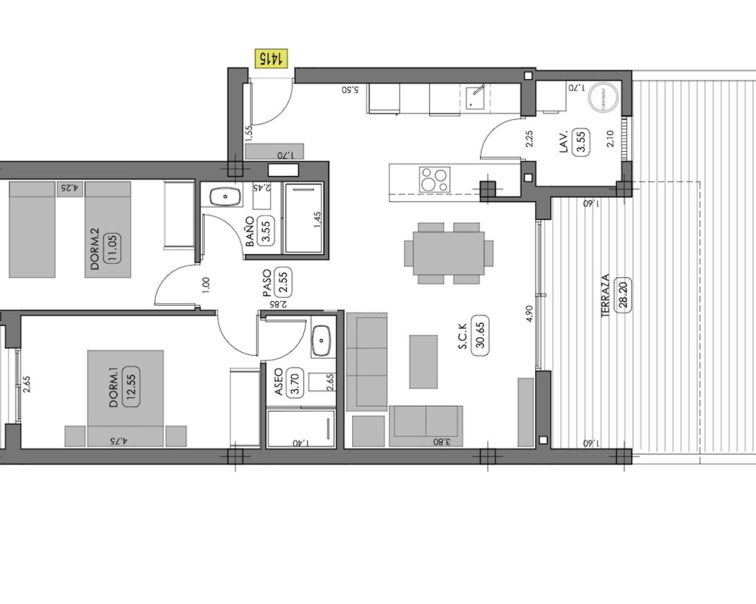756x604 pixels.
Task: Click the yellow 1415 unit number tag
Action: tap(271, 58)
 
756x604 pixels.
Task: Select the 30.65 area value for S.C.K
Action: tap(480, 336)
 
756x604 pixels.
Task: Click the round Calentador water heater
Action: tap(604, 96)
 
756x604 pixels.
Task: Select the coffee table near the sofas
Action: tap(423, 361)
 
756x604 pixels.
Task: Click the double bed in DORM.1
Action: tap(125, 398)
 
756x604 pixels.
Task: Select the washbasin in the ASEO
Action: tap(321, 340)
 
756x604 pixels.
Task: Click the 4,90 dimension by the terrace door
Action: tap(530, 313)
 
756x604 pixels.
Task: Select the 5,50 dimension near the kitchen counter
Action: tap(350, 90)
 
